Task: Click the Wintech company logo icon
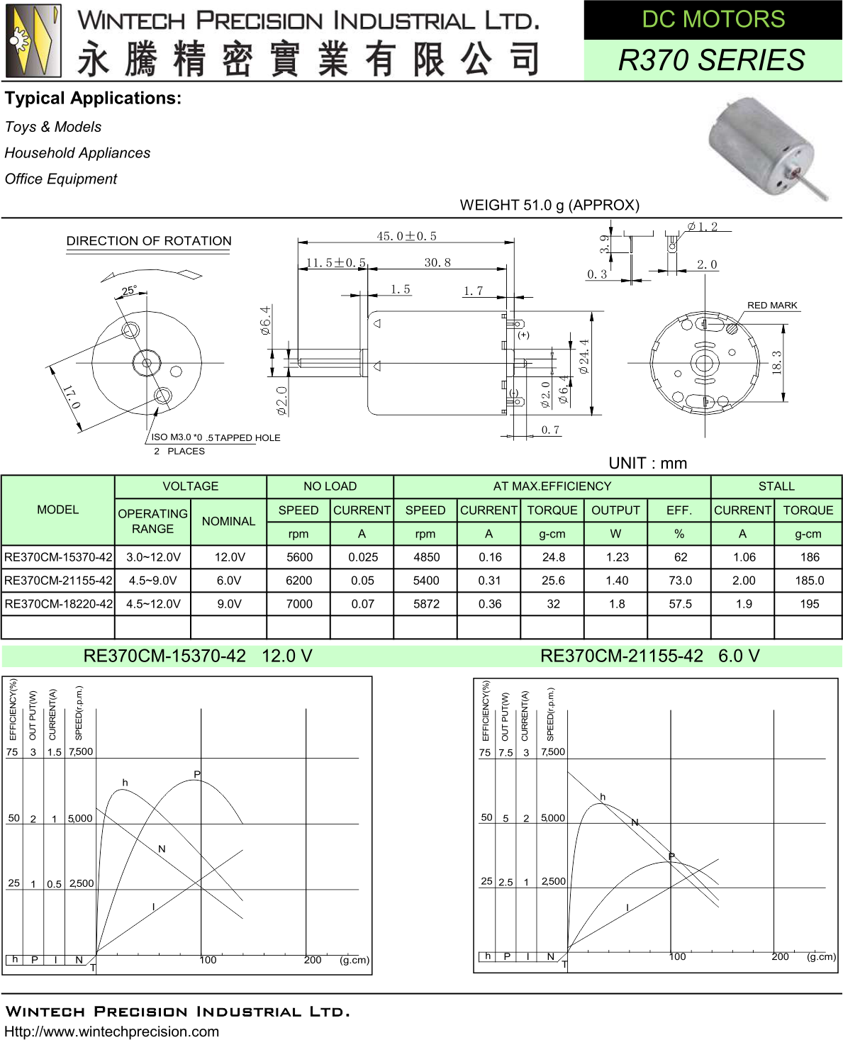click(x=33, y=40)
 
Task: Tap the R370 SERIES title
click(x=711, y=60)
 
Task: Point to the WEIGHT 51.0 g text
click(x=549, y=205)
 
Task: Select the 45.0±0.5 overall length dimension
click(x=406, y=236)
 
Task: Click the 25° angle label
click(x=129, y=291)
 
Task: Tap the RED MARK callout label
click(x=771, y=305)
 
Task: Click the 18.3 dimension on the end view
click(x=777, y=362)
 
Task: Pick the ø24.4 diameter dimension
click(x=584, y=357)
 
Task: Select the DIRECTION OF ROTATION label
click(x=149, y=241)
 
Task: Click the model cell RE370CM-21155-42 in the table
click(x=58, y=581)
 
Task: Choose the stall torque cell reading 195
click(x=809, y=604)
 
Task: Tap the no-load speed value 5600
click(x=298, y=557)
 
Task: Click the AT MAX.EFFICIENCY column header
click(x=552, y=486)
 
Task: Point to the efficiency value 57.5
click(x=679, y=604)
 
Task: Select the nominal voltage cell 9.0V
click(x=228, y=604)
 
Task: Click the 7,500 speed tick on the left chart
click(x=81, y=751)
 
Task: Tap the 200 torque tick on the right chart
click(x=780, y=956)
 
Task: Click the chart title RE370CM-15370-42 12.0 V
click(x=198, y=656)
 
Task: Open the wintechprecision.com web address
click(x=111, y=1031)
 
